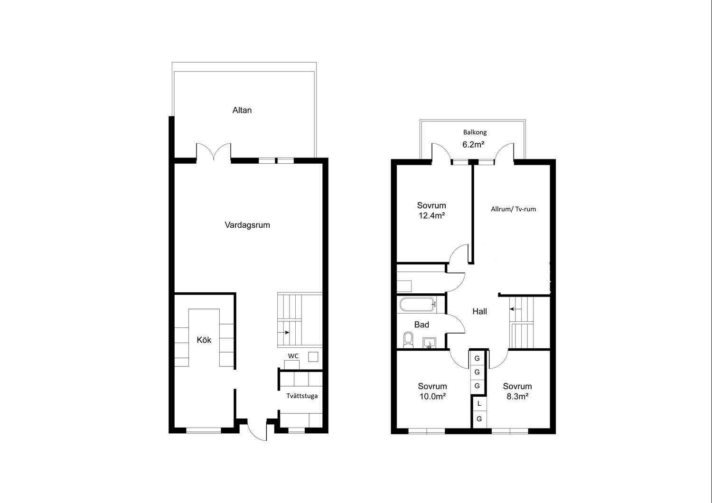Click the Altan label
tap(242, 110)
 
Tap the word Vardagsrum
tap(247, 225)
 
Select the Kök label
tap(204, 340)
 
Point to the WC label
tap(293, 356)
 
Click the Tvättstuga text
tap(301, 396)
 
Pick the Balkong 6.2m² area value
tap(473, 145)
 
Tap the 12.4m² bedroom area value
tap(431, 216)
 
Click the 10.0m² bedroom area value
tap(432, 397)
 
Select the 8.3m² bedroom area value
tap(517, 397)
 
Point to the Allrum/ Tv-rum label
tap(513, 209)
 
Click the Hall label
tap(479, 311)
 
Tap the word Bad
tap(422, 325)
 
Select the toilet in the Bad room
tap(408, 340)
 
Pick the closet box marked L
tap(479, 404)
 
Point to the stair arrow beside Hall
tap(515, 308)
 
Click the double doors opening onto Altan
tap(214, 152)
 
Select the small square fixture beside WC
tap(313, 356)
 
